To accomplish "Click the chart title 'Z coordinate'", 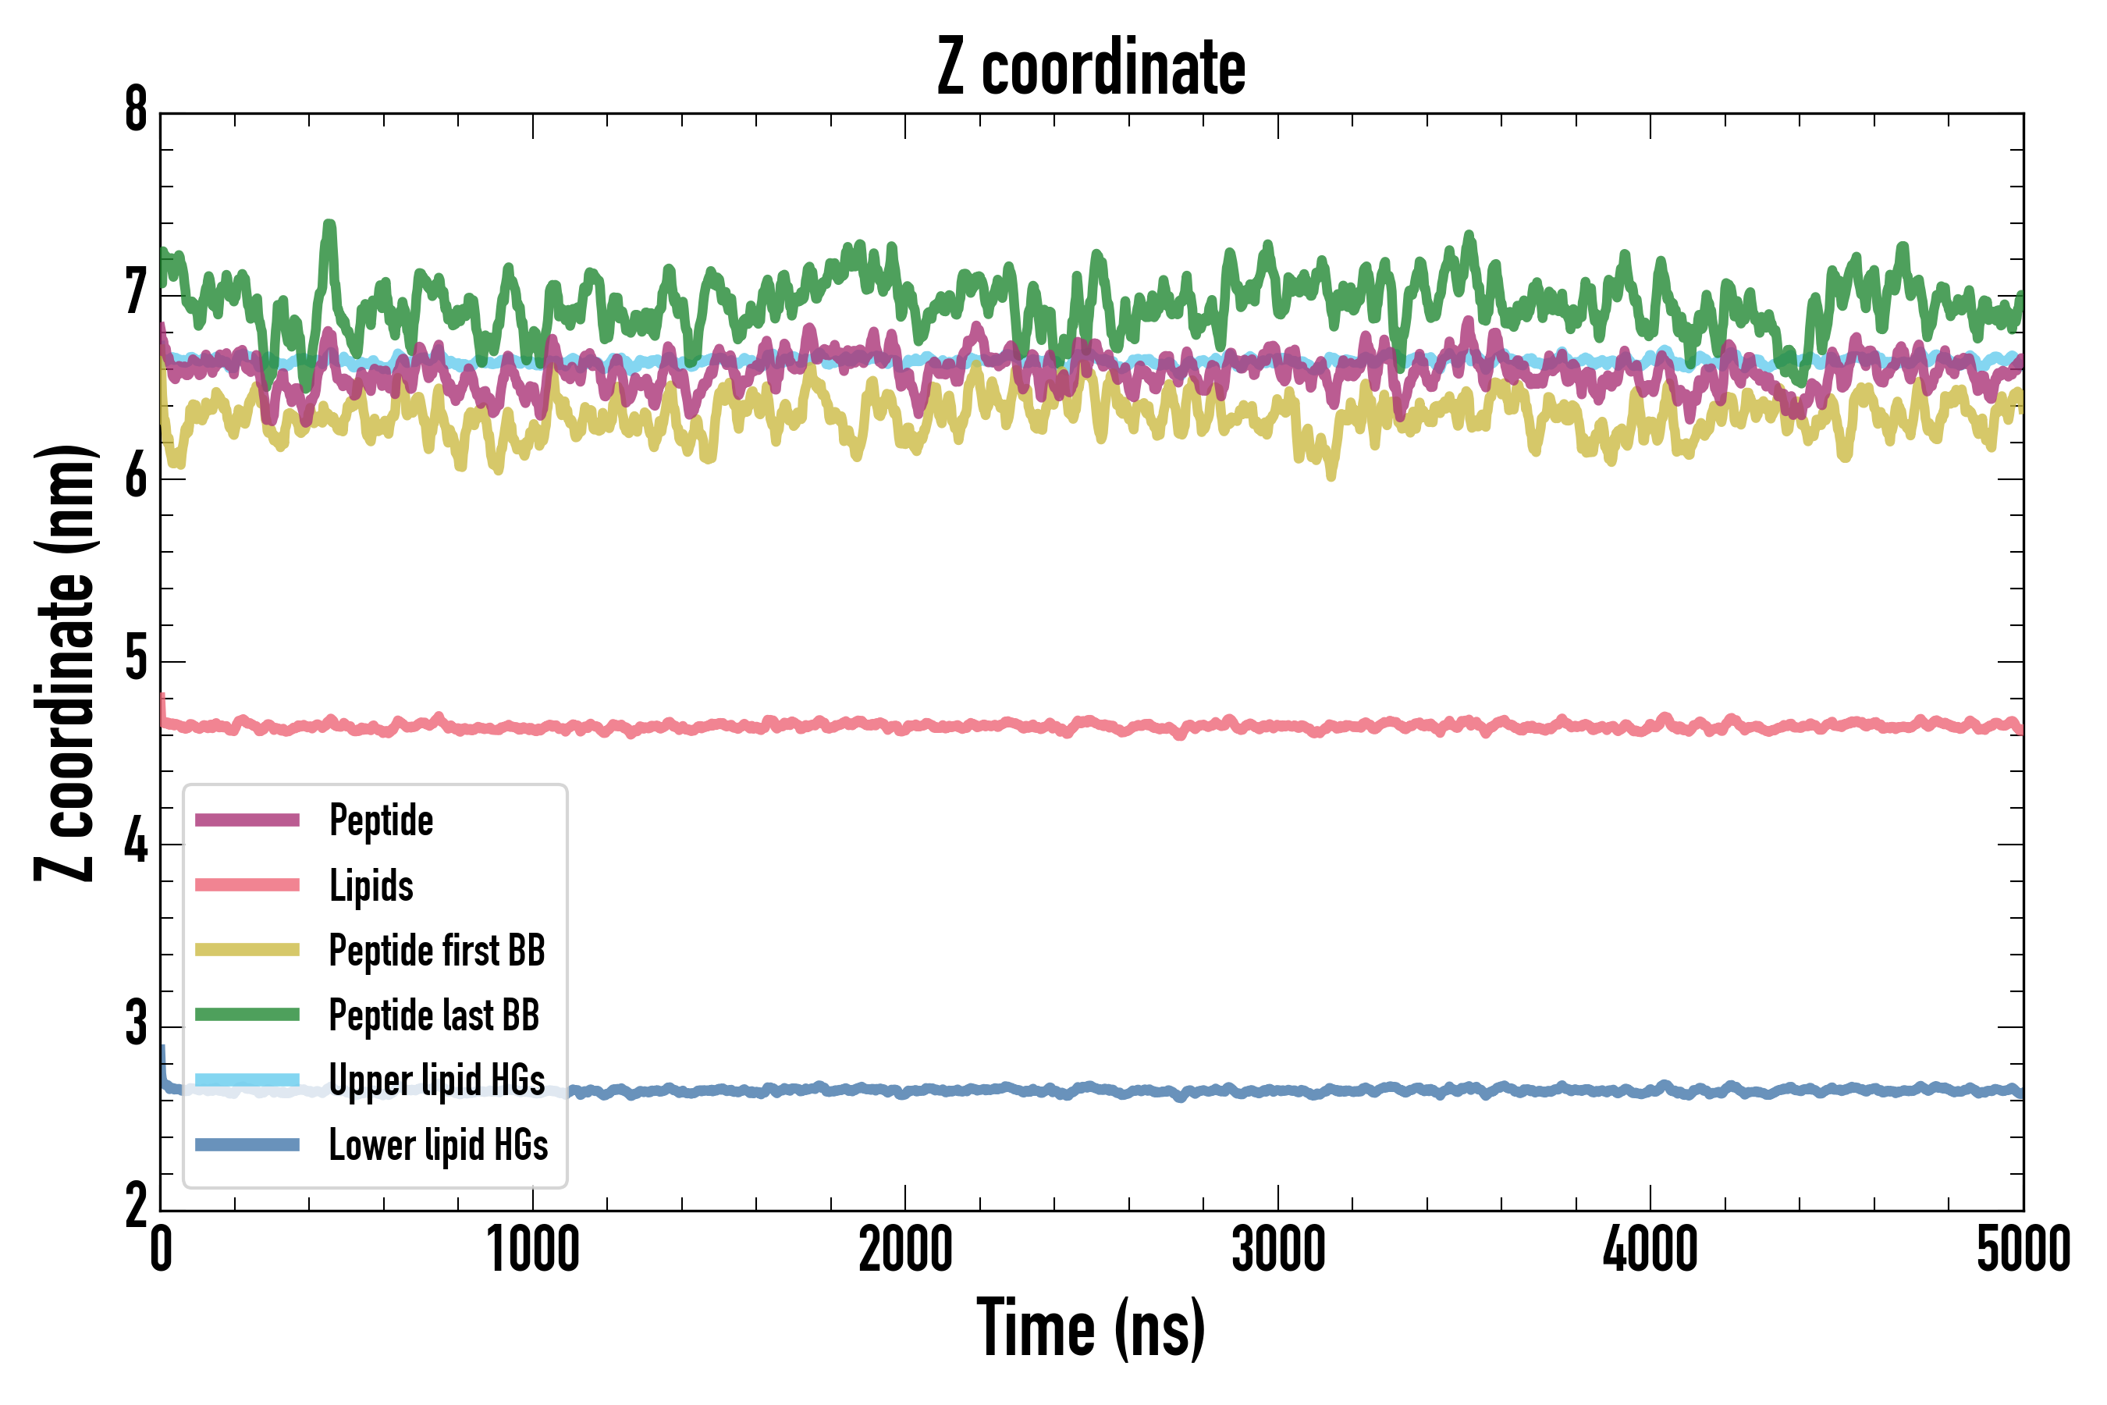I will [x=1090, y=68].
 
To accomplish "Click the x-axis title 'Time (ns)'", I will [x=1090, y=1328].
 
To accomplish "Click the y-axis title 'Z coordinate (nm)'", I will [x=65, y=663].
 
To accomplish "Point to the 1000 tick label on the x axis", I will [x=533, y=1250].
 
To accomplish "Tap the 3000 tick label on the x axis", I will [x=1277, y=1250].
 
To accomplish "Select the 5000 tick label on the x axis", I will [x=2023, y=1250].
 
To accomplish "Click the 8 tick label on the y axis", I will [x=136, y=111].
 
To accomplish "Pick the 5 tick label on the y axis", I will [x=136, y=660].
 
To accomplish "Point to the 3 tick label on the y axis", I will [x=136, y=1024].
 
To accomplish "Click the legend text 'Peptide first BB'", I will [x=437, y=951].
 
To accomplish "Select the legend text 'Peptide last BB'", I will [x=434, y=1016].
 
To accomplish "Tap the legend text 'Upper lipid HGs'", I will [x=437, y=1080].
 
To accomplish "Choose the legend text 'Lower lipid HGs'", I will [x=438, y=1145].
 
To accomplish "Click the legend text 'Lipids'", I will [x=371, y=886].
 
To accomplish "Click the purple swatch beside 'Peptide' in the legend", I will [x=247, y=820].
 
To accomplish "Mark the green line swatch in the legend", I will [x=247, y=1014].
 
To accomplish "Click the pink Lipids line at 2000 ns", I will [x=904, y=725].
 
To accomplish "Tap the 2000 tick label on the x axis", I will [x=904, y=1250].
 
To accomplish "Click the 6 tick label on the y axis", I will [x=136, y=477].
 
